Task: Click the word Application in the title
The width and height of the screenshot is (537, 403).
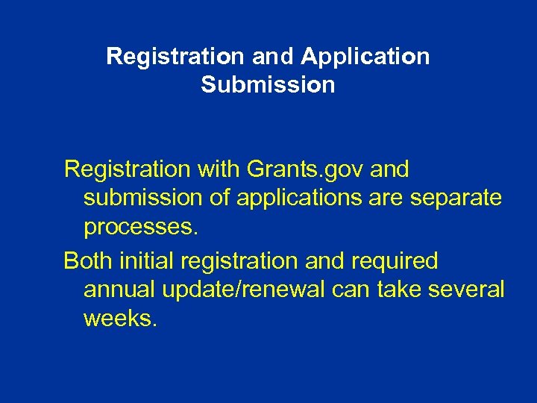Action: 365,57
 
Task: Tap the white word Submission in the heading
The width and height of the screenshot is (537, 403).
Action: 268,85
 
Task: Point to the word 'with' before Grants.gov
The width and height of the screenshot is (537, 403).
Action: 220,170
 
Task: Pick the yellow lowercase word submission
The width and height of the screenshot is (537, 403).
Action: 142,199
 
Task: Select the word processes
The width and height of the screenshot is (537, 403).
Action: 141,227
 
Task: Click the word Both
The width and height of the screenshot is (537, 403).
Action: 88,262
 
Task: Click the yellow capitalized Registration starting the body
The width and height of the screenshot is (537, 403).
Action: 128,170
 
